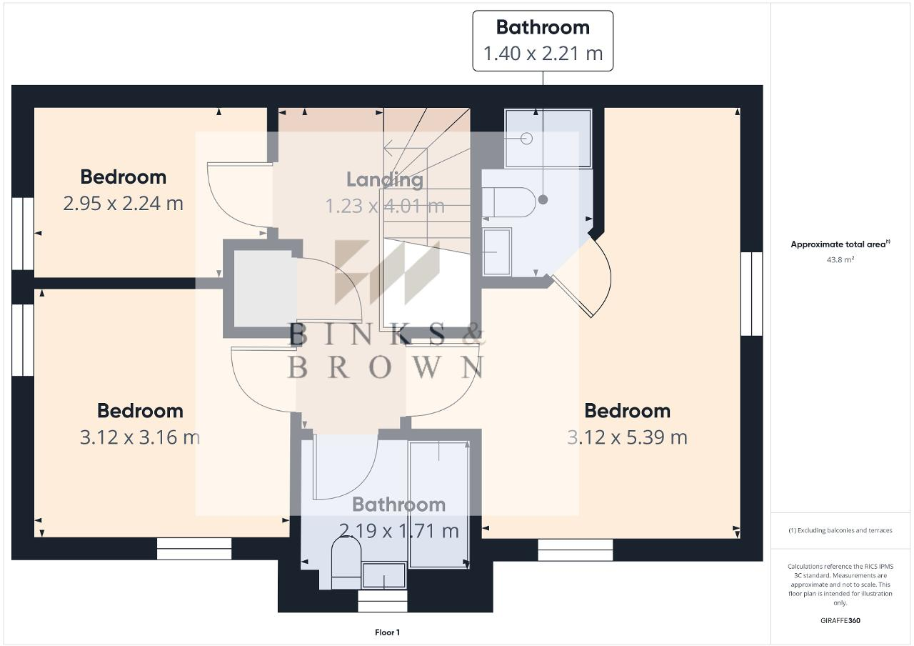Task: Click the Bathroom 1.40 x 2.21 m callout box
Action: (x=543, y=41)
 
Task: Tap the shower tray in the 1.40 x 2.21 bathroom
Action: (x=548, y=138)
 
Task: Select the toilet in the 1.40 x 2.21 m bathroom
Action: (x=508, y=202)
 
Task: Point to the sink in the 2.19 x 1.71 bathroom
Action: (x=384, y=575)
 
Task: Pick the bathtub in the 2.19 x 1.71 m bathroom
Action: (x=439, y=504)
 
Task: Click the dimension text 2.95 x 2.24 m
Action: (x=123, y=204)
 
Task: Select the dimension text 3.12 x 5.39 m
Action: (x=627, y=437)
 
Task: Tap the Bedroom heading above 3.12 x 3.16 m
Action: (x=140, y=411)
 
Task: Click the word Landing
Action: (x=385, y=179)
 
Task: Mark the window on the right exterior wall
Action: (x=751, y=294)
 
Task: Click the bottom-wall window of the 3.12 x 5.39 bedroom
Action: (x=576, y=550)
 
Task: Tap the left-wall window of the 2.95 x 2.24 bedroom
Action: (x=23, y=234)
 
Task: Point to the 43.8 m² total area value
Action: (x=840, y=260)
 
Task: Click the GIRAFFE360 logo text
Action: (x=840, y=620)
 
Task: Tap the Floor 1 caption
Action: (x=387, y=632)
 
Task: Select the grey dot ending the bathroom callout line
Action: (x=543, y=199)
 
